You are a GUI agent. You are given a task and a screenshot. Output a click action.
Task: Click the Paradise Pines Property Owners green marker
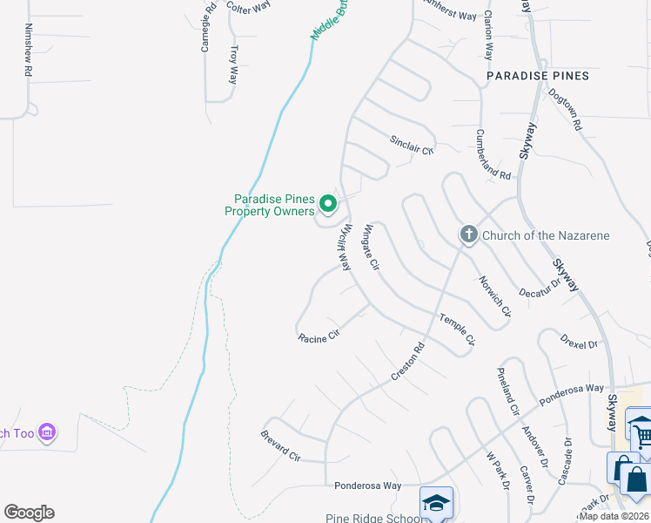[328, 204]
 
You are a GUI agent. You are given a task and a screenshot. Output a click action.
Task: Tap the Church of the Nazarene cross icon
[469, 234]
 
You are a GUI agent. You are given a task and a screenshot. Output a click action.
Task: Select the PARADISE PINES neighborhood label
[538, 76]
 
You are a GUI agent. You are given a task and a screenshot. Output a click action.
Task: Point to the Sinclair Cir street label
[411, 145]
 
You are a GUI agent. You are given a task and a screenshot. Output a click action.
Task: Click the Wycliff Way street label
[343, 246]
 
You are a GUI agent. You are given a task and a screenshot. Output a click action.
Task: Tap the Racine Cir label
[318, 336]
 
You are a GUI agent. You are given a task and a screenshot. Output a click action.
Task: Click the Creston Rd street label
[407, 360]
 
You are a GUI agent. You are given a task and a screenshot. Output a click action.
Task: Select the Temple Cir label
[457, 329]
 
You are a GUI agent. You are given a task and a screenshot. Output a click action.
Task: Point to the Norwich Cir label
[494, 296]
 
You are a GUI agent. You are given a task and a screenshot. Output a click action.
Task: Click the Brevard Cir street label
[280, 445]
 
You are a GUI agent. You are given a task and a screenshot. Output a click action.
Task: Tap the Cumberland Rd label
[493, 154]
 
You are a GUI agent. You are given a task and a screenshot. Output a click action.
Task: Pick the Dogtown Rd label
[566, 110]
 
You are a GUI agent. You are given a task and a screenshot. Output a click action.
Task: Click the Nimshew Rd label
[28, 51]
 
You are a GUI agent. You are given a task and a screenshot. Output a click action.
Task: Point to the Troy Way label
[233, 65]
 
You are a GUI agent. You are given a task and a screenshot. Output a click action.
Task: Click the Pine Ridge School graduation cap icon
[436, 503]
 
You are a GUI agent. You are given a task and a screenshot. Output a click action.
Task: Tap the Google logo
[29, 513]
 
